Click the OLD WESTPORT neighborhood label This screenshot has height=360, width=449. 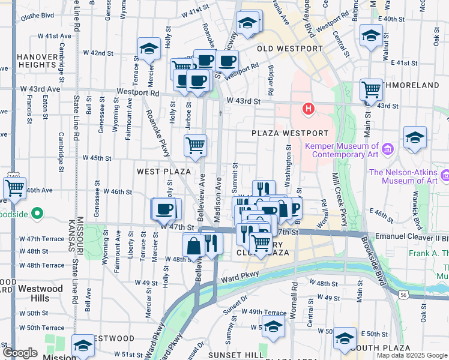[x=289, y=48]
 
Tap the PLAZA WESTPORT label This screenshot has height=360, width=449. [x=290, y=133]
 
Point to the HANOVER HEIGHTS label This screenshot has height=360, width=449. [x=37, y=61]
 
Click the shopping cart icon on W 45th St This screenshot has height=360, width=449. [x=196, y=146]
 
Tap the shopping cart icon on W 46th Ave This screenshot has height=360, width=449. [x=14, y=188]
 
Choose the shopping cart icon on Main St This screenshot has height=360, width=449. [x=372, y=90]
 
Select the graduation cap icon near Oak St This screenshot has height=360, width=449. [x=415, y=137]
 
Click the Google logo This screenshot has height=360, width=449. [x=20, y=353]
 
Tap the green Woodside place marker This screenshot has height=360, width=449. [x=37, y=213]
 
